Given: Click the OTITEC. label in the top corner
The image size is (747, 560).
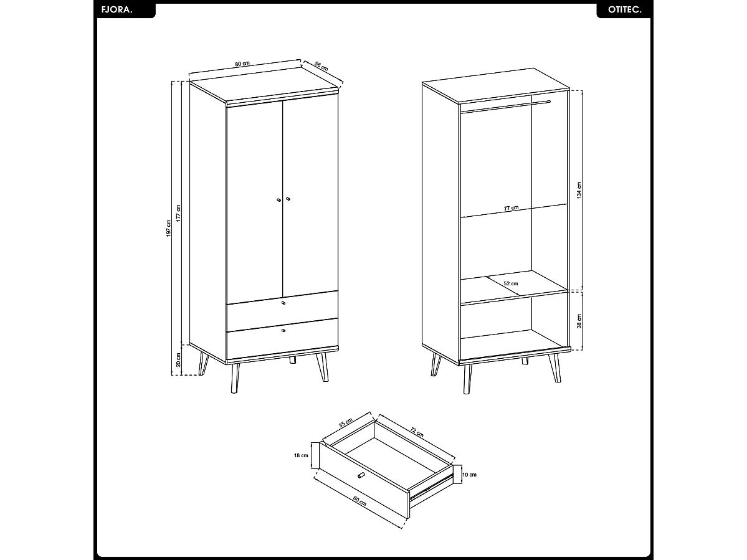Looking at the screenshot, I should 624,11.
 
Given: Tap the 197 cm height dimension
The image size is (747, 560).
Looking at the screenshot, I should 168,228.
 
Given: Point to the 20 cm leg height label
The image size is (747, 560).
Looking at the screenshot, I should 178,360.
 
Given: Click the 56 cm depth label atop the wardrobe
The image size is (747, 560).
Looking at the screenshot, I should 321,66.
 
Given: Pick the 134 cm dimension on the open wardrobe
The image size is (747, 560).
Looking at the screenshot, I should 579,190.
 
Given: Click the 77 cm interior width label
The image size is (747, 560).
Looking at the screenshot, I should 511,208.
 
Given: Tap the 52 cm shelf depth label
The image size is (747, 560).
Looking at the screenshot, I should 511,283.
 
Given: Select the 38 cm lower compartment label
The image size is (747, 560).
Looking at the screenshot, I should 579,321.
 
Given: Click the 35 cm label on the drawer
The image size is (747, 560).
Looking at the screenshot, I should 345,422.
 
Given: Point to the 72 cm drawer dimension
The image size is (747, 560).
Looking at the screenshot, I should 417,429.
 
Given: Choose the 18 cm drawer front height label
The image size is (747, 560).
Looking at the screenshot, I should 301,455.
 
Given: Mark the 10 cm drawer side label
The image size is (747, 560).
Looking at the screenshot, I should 469,475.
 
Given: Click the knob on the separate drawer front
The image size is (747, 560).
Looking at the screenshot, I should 361,476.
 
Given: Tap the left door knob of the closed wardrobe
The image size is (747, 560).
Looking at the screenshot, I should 278,200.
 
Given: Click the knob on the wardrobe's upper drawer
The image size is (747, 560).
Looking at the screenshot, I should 283,303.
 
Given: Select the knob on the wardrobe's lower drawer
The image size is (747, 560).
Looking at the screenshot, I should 283,330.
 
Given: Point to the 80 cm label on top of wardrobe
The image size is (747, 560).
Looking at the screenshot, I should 242,64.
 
